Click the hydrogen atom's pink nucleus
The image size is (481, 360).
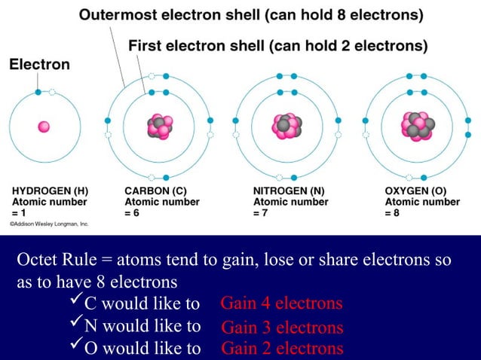[44, 127]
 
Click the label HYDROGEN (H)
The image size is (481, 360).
[47, 191]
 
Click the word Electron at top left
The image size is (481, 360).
[39, 65]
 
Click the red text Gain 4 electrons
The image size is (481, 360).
[281, 304]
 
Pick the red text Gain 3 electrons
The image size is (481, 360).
[282, 328]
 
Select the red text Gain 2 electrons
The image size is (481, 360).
[282, 348]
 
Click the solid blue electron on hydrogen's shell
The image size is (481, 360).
[38, 92]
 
